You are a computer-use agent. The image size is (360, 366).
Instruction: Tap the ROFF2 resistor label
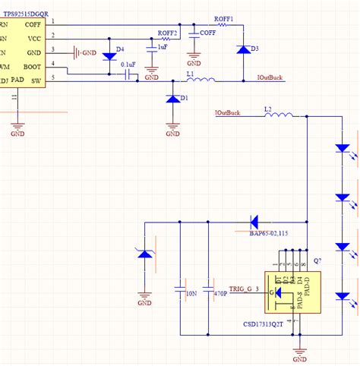coord(168,33)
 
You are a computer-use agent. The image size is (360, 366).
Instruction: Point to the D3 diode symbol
coord(243,50)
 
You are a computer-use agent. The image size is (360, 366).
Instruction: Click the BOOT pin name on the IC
coord(31,67)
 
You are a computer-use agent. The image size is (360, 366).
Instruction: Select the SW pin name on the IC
coord(36,79)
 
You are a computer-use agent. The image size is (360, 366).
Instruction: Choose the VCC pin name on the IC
coord(33,37)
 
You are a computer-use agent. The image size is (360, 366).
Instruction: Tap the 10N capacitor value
coord(190,292)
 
